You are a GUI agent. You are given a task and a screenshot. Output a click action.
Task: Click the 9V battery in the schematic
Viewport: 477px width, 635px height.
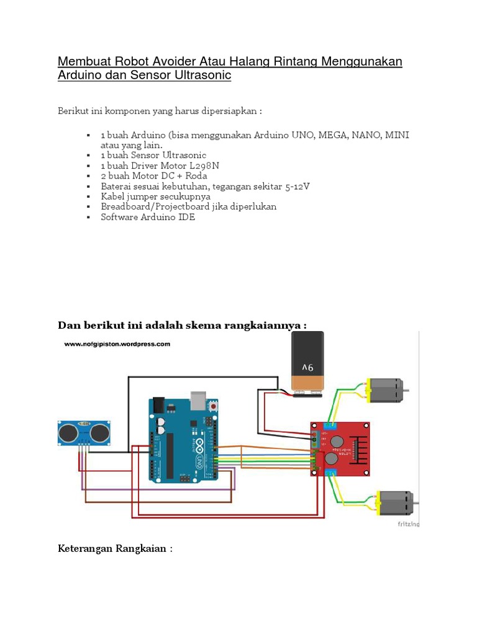coord(308,362)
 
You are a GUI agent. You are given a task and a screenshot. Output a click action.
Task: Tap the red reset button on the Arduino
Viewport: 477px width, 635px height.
coord(214,406)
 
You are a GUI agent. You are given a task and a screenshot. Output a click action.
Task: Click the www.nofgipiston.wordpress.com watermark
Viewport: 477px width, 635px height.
coord(116,344)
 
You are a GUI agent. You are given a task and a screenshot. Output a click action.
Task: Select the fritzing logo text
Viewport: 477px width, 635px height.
coord(408,524)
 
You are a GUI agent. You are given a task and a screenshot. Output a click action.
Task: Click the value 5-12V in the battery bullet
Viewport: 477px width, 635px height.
coord(297,186)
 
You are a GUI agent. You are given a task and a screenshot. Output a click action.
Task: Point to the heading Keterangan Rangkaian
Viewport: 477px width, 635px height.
coord(115,549)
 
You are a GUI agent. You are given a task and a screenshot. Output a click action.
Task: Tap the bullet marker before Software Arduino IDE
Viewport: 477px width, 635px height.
coord(89,217)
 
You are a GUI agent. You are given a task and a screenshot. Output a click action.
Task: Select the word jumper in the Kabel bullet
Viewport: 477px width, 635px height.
coord(144,197)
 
